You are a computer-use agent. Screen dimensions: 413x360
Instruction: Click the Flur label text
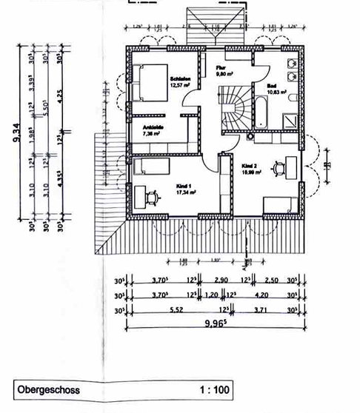coord(221,67)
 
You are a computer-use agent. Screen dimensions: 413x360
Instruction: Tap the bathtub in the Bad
coord(261,111)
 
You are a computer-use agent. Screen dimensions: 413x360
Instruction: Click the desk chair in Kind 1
coord(153,196)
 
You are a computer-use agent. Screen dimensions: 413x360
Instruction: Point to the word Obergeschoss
coord(50,389)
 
